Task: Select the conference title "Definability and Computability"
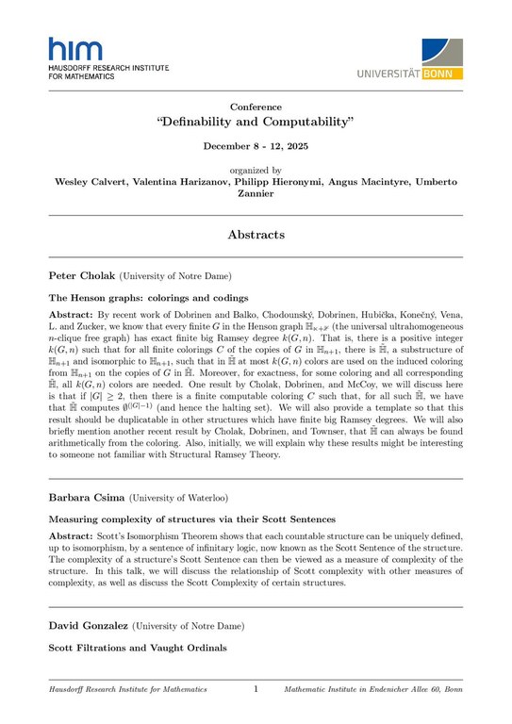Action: click(x=256, y=123)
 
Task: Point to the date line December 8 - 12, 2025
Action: click(x=256, y=147)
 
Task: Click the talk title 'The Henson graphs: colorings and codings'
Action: click(x=137, y=298)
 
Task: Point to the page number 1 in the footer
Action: click(x=256, y=690)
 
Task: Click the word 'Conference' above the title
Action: click(x=256, y=107)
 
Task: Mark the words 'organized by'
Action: click(x=256, y=171)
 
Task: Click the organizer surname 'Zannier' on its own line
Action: click(x=256, y=195)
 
